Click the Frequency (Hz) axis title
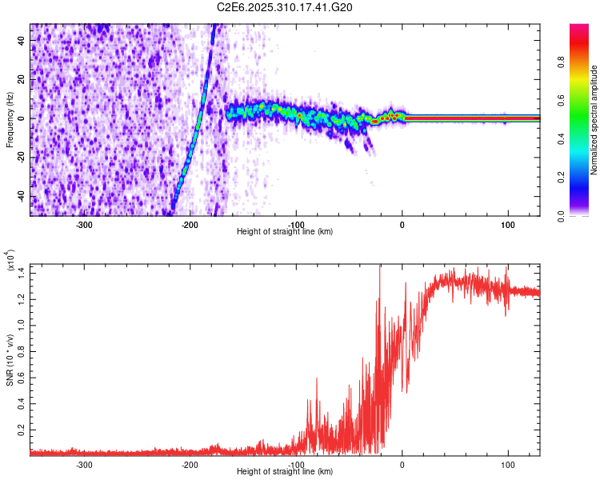click(x=10, y=120)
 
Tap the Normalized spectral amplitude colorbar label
click(x=594, y=120)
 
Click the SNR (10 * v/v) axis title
click(x=10, y=360)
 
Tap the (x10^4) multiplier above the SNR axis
click(x=11, y=262)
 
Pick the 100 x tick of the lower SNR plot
click(x=508, y=465)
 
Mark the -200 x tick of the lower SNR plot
click(x=190, y=465)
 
